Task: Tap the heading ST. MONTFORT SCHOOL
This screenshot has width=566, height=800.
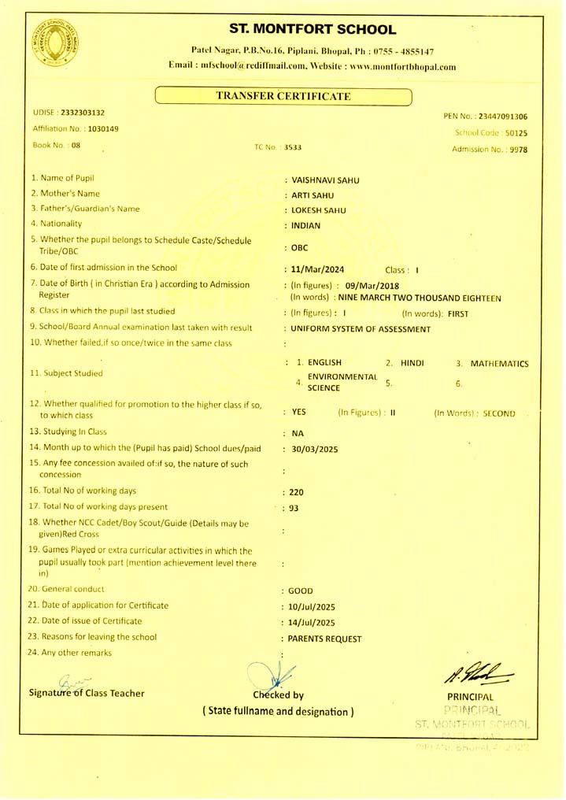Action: (313, 30)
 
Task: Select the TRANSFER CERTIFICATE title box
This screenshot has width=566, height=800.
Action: (283, 96)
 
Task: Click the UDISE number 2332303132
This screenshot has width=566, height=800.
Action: (83, 113)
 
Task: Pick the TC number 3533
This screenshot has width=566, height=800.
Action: (293, 147)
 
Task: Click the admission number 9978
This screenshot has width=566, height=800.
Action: (518, 149)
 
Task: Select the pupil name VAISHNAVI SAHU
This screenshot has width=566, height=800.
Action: (325, 180)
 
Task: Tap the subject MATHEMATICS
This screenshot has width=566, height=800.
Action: (499, 364)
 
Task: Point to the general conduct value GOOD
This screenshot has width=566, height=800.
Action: (301, 590)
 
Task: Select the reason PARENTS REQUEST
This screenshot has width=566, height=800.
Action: (326, 639)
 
